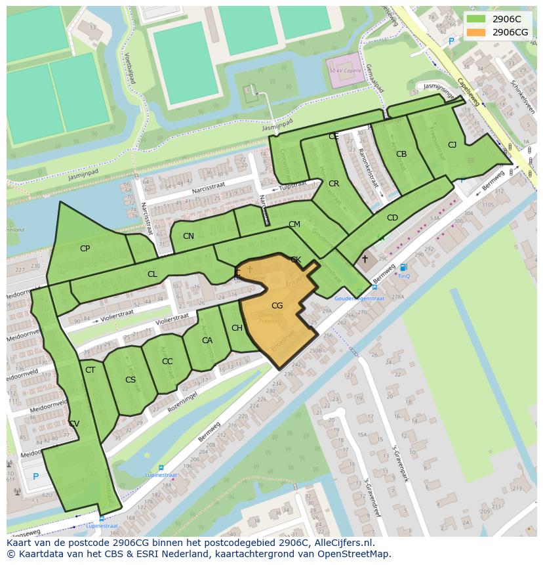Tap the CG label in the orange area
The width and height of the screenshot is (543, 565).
[x=277, y=306]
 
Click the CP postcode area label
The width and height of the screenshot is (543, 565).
[x=85, y=249]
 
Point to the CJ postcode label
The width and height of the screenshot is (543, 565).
[x=452, y=145]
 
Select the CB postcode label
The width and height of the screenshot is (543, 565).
[x=401, y=155]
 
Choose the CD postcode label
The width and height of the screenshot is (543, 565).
[x=392, y=218]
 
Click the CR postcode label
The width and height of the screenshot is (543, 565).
[x=334, y=184]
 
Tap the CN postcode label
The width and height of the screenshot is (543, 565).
[x=188, y=236]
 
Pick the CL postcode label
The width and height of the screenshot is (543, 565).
[x=152, y=274]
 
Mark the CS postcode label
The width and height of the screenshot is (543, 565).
[x=131, y=380]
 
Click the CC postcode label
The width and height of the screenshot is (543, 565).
[x=167, y=362]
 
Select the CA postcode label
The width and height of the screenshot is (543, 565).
[x=207, y=341]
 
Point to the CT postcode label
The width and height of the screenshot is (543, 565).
[x=90, y=370]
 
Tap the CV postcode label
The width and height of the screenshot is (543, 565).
[x=74, y=424]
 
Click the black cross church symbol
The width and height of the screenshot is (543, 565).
[x=365, y=259]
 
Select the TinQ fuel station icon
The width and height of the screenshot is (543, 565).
[x=403, y=267]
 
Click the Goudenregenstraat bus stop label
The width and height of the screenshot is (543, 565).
[x=359, y=298]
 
